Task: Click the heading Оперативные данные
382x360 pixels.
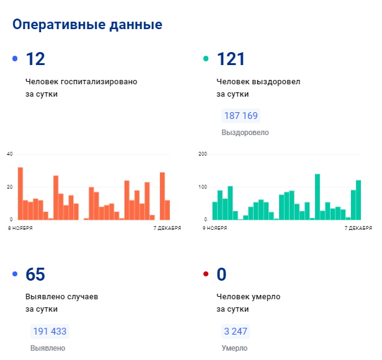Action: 87,25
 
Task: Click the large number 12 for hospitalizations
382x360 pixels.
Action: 35,59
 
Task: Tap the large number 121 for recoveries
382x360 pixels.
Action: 231,59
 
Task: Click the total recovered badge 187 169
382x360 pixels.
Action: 241,116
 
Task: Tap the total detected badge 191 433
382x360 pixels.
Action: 50,331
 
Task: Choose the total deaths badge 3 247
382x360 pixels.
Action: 235,331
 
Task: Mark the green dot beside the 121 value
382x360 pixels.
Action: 206,59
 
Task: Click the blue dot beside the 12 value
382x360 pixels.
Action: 15,59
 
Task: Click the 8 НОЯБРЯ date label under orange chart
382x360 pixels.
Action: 20,228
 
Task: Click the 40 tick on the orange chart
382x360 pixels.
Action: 9,154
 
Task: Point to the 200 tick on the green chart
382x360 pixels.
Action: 202,154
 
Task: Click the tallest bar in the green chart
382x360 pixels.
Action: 318,197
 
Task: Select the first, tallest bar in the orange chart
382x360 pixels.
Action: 20,193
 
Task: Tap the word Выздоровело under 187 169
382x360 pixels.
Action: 245,133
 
